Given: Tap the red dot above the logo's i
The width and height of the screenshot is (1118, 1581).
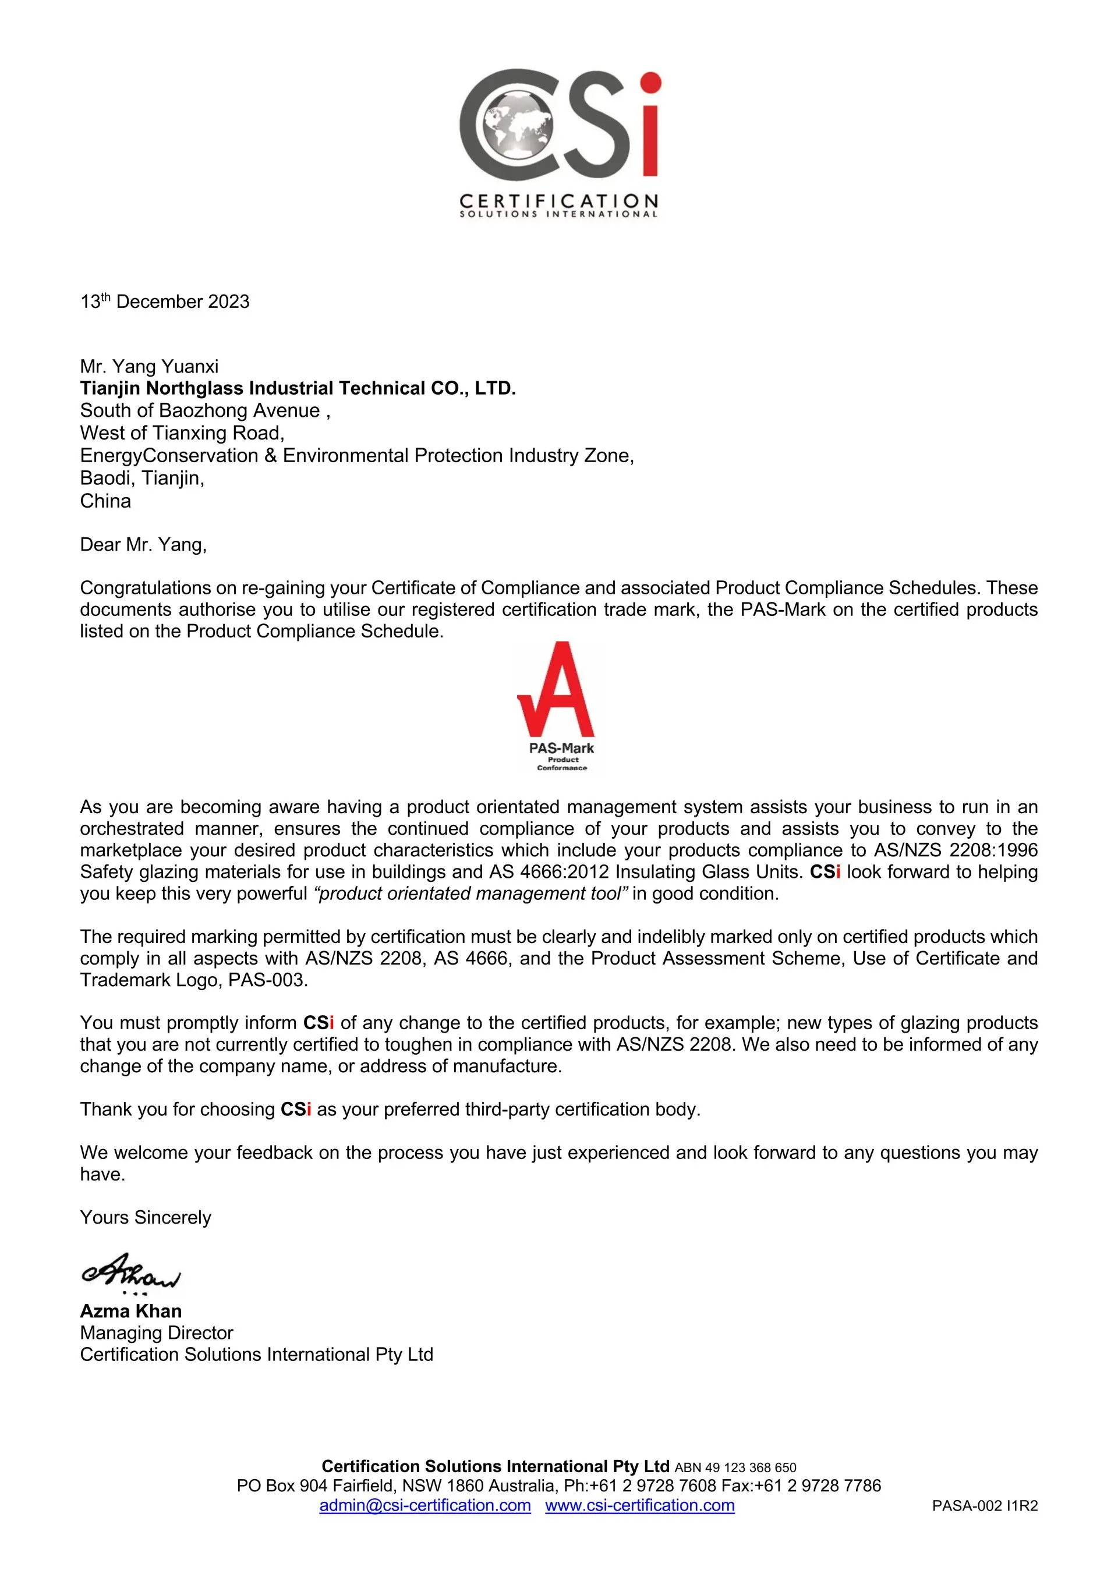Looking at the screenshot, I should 650,83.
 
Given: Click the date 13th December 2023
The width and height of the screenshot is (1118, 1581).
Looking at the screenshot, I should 165,302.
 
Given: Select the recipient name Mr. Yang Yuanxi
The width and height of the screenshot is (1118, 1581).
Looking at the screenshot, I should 149,366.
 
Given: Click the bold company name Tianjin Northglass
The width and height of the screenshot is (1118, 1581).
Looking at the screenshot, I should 298,388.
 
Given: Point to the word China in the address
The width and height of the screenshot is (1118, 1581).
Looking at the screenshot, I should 105,501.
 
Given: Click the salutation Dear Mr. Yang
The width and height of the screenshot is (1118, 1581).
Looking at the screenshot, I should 143,545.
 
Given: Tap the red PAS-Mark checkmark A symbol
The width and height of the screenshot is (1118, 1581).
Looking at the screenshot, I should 557,690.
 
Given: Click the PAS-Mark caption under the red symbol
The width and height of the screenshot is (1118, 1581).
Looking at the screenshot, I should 561,749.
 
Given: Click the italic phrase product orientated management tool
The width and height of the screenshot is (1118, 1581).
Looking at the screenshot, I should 471,894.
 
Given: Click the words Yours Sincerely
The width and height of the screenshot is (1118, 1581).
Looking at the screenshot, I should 146,1217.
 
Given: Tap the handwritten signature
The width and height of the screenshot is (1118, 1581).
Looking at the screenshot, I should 131,1272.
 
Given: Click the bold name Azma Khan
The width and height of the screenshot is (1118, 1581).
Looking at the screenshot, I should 131,1311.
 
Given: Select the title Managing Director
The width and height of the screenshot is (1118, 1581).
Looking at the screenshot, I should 157,1333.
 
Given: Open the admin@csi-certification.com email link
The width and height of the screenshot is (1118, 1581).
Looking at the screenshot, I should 425,1505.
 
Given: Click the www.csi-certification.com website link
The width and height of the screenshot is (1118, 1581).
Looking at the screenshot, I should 639,1505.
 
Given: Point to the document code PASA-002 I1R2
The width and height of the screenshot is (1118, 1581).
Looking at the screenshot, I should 984,1506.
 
